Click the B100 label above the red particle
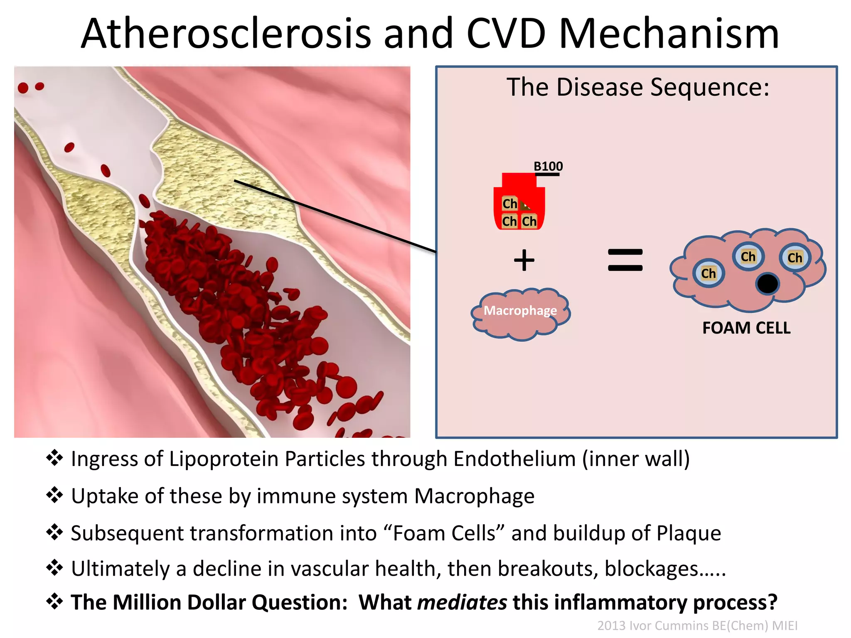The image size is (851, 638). [x=548, y=167]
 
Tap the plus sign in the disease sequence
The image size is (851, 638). [x=524, y=260]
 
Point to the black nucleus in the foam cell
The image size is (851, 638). [x=767, y=284]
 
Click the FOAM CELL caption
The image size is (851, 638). [x=746, y=328]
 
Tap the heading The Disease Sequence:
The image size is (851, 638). [x=638, y=87]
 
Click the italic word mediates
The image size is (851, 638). [x=462, y=602]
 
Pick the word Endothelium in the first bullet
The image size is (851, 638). [x=514, y=459]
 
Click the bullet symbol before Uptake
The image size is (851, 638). [x=54, y=495]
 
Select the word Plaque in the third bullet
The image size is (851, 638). [x=689, y=533]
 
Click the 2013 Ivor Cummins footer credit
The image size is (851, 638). [x=697, y=626]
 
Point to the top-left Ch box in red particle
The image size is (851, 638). [x=509, y=204]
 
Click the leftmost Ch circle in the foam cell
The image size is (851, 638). [x=708, y=273]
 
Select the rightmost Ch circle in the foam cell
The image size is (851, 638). [x=794, y=258]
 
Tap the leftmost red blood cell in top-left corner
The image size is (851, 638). [x=23, y=88]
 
